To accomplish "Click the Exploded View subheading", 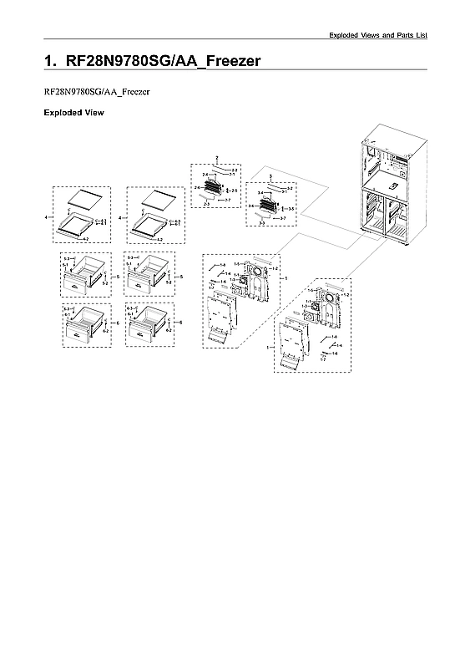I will [x=73, y=112].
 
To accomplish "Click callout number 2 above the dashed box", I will [x=216, y=158].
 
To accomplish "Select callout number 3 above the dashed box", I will [x=269, y=175].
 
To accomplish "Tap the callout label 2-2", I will [x=235, y=170].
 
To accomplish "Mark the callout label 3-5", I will [x=291, y=208].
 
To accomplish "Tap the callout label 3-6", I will [x=250, y=205].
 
